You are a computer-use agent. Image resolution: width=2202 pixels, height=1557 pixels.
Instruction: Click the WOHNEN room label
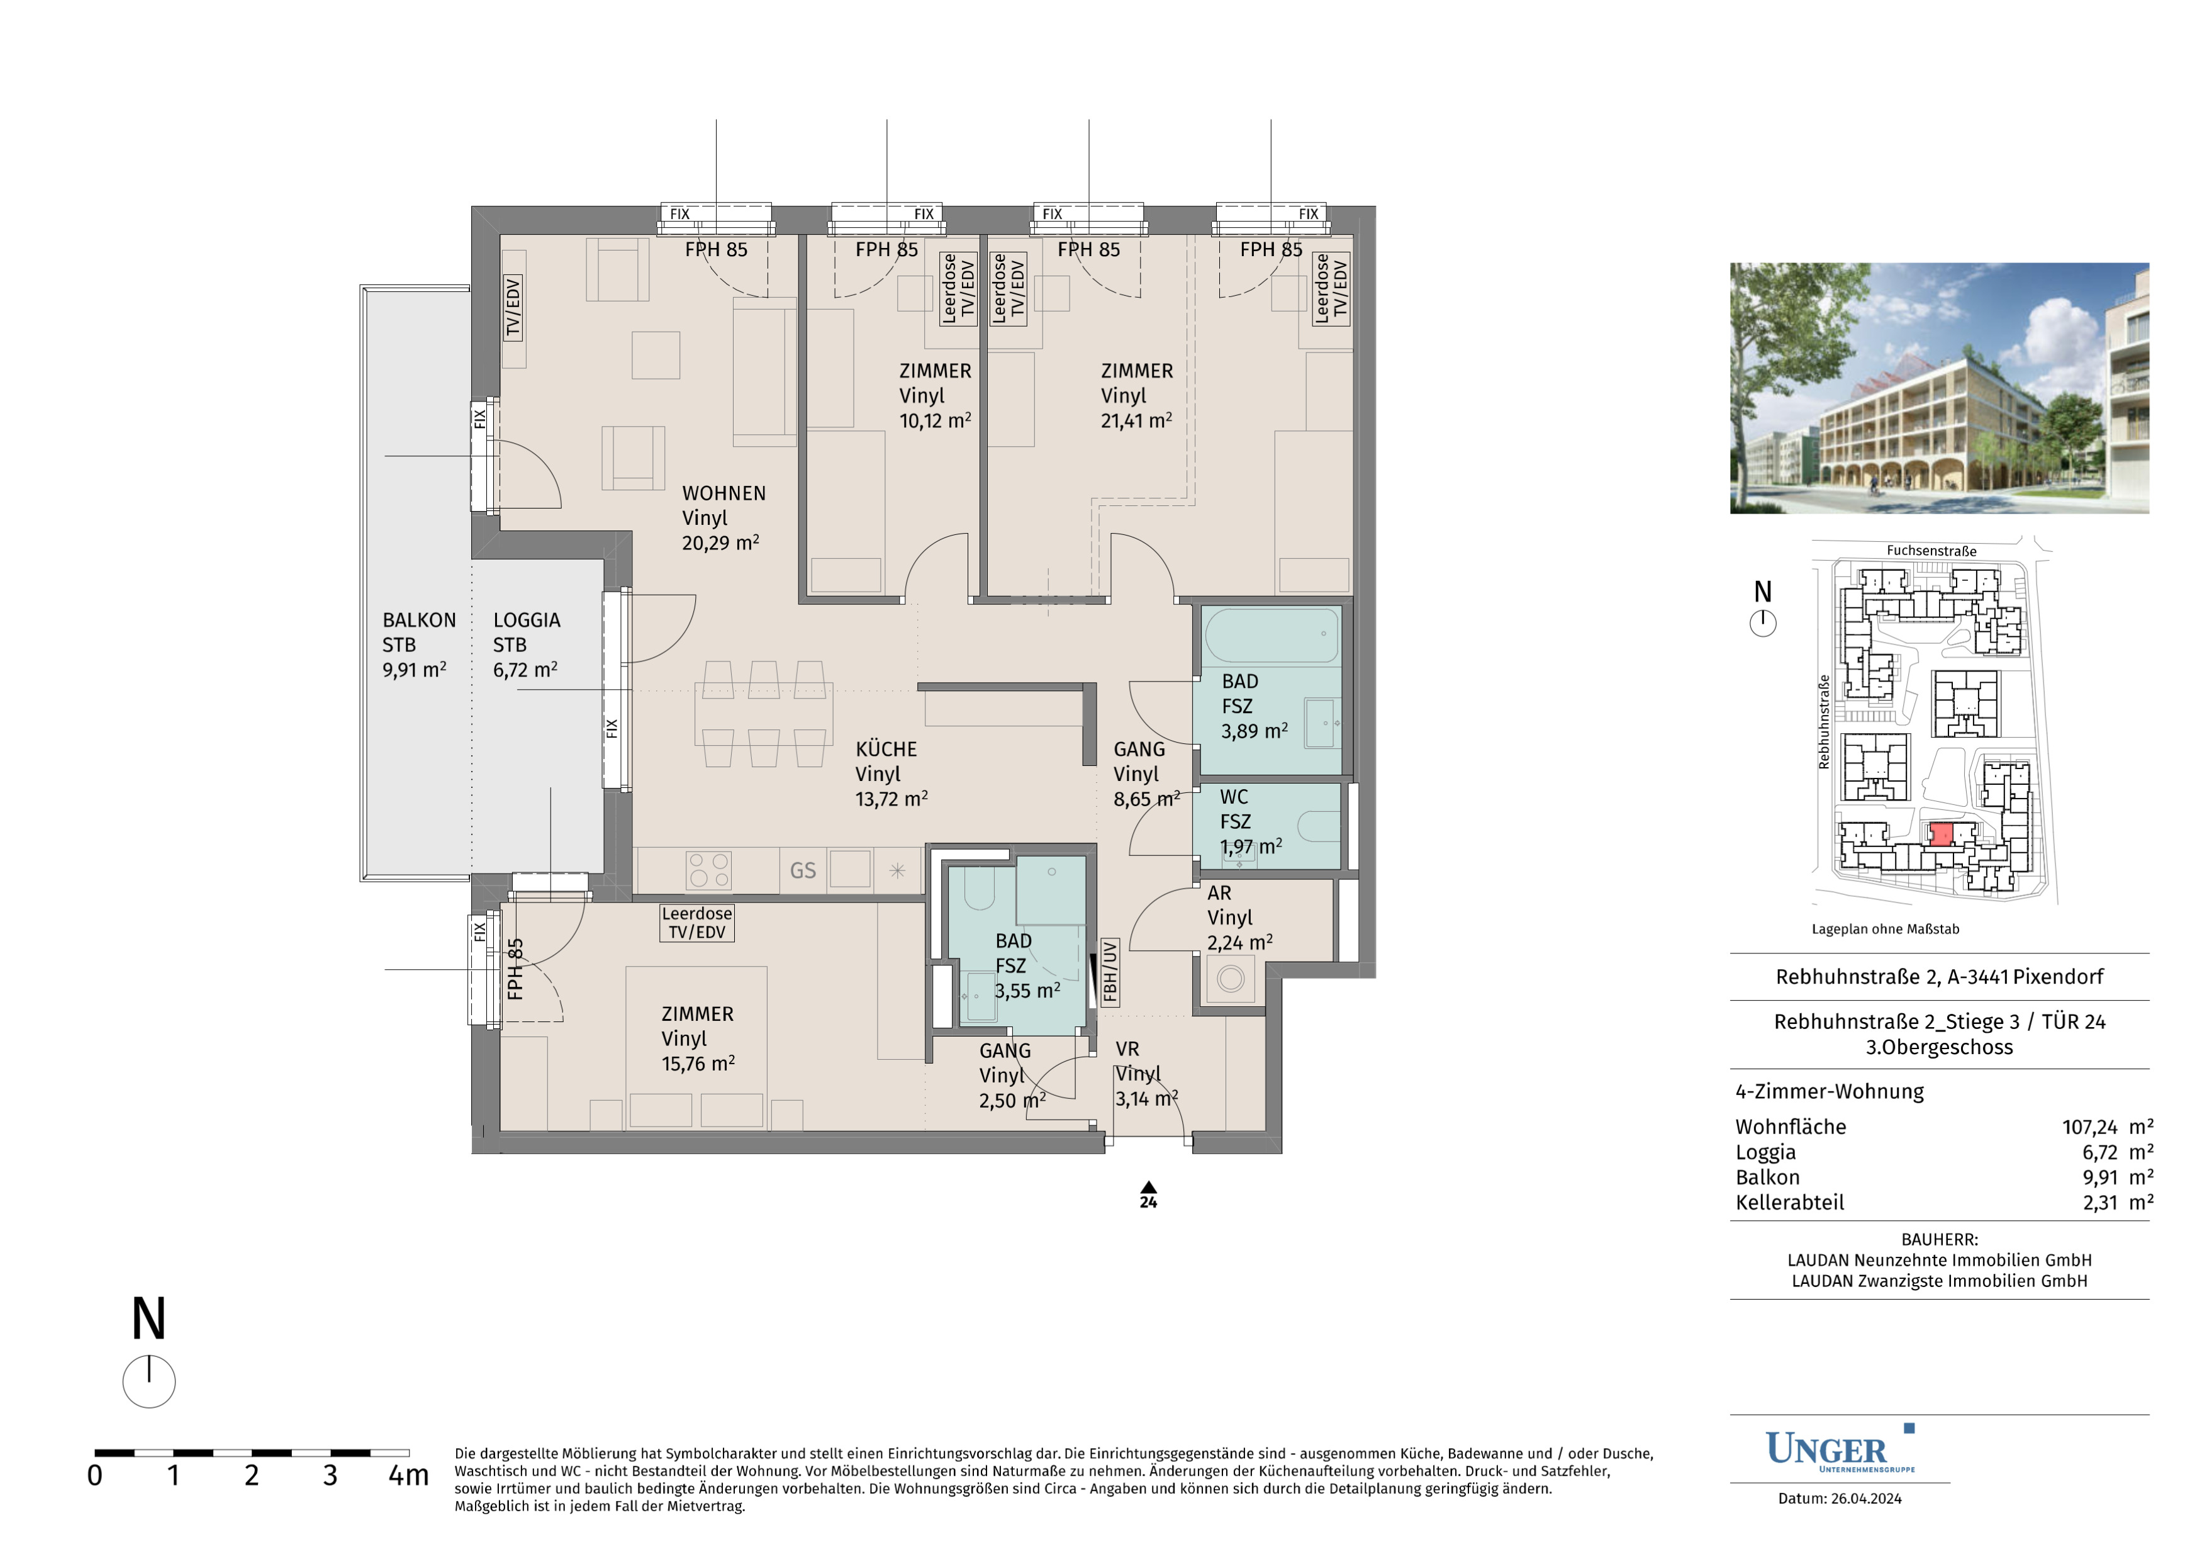724,493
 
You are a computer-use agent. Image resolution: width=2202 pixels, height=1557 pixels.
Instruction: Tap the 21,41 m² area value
1136,420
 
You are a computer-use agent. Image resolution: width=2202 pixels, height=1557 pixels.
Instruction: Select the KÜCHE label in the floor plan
886,750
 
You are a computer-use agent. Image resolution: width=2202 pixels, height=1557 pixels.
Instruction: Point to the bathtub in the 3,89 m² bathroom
1271,634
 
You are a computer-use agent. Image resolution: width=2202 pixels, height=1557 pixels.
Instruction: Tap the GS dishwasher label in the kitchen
803,870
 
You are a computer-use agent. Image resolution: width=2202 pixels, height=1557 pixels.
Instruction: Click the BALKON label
419,621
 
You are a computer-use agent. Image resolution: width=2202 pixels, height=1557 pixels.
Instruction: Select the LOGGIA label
527,621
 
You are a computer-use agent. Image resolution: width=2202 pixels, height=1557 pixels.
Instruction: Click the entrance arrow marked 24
1148,1188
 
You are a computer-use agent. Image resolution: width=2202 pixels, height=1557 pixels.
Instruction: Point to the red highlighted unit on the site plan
1941,835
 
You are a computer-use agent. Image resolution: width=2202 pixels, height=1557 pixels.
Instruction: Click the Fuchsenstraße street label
1931,551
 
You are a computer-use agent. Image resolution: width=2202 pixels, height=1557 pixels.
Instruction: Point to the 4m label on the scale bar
408,1475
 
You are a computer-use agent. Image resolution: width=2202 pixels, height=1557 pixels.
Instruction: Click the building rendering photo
1939,388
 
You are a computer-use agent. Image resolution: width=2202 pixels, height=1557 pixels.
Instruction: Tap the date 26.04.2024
1865,1498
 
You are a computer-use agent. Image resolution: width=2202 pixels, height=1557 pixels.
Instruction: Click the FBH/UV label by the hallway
1110,971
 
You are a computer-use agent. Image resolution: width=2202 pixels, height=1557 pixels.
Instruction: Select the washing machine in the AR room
1231,979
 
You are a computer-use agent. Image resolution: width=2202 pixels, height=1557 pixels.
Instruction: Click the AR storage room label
1219,893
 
